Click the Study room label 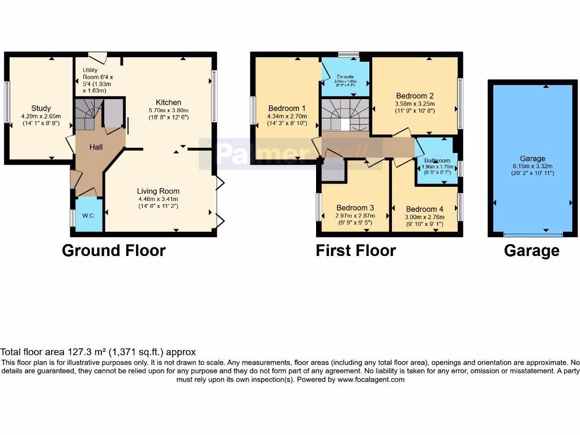[x=41, y=108]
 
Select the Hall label [x=96, y=147]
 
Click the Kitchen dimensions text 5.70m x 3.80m [x=168, y=110]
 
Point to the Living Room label [x=158, y=191]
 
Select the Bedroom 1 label [x=287, y=108]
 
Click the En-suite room [x=346, y=80]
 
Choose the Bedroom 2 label [x=415, y=96]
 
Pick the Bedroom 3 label [x=355, y=208]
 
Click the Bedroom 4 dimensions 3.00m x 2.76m [x=425, y=216]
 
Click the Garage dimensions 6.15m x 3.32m [x=532, y=166]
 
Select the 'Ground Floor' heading [x=113, y=250]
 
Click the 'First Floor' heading [x=356, y=250]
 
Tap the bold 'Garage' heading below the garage [x=531, y=250]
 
